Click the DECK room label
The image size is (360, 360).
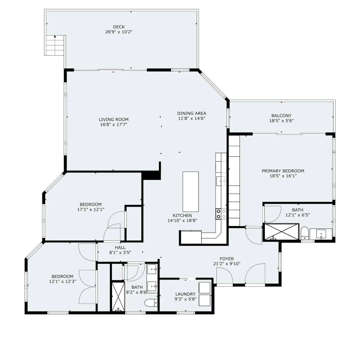tap(116, 27)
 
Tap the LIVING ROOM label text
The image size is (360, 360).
tap(114, 119)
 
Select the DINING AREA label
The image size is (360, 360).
tap(192, 113)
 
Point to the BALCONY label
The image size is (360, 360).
tap(281, 116)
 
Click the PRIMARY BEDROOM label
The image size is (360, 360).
tap(283, 171)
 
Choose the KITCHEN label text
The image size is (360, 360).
tap(182, 215)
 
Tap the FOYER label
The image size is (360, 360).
tap(226, 258)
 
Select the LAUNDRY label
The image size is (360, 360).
tap(185, 294)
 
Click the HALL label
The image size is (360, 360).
tap(120, 247)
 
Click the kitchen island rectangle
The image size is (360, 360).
tap(191, 192)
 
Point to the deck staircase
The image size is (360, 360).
tap(55, 45)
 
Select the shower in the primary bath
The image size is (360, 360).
tap(282, 232)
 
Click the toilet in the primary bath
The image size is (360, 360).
tap(305, 233)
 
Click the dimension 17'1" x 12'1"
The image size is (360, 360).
tap(90, 209)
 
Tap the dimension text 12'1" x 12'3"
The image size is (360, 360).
tap(62, 282)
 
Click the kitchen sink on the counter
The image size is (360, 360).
tap(221, 181)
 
